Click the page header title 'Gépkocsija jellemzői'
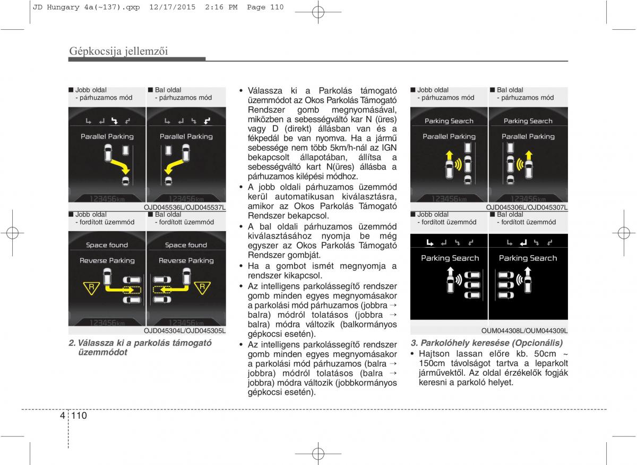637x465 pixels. click(x=118, y=52)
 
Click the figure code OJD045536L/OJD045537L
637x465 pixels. click(x=185, y=207)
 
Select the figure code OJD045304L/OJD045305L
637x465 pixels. click(x=185, y=331)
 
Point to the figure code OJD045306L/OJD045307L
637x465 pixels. click(x=527, y=207)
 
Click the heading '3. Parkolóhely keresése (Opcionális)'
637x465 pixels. click(x=487, y=343)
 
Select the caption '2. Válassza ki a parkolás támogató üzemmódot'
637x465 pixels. click(x=140, y=348)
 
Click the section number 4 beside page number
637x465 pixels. click(x=63, y=416)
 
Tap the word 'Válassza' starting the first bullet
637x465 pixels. click(x=264, y=91)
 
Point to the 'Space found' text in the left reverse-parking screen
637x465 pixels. click(x=107, y=246)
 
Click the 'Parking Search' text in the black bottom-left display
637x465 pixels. click(x=450, y=258)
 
